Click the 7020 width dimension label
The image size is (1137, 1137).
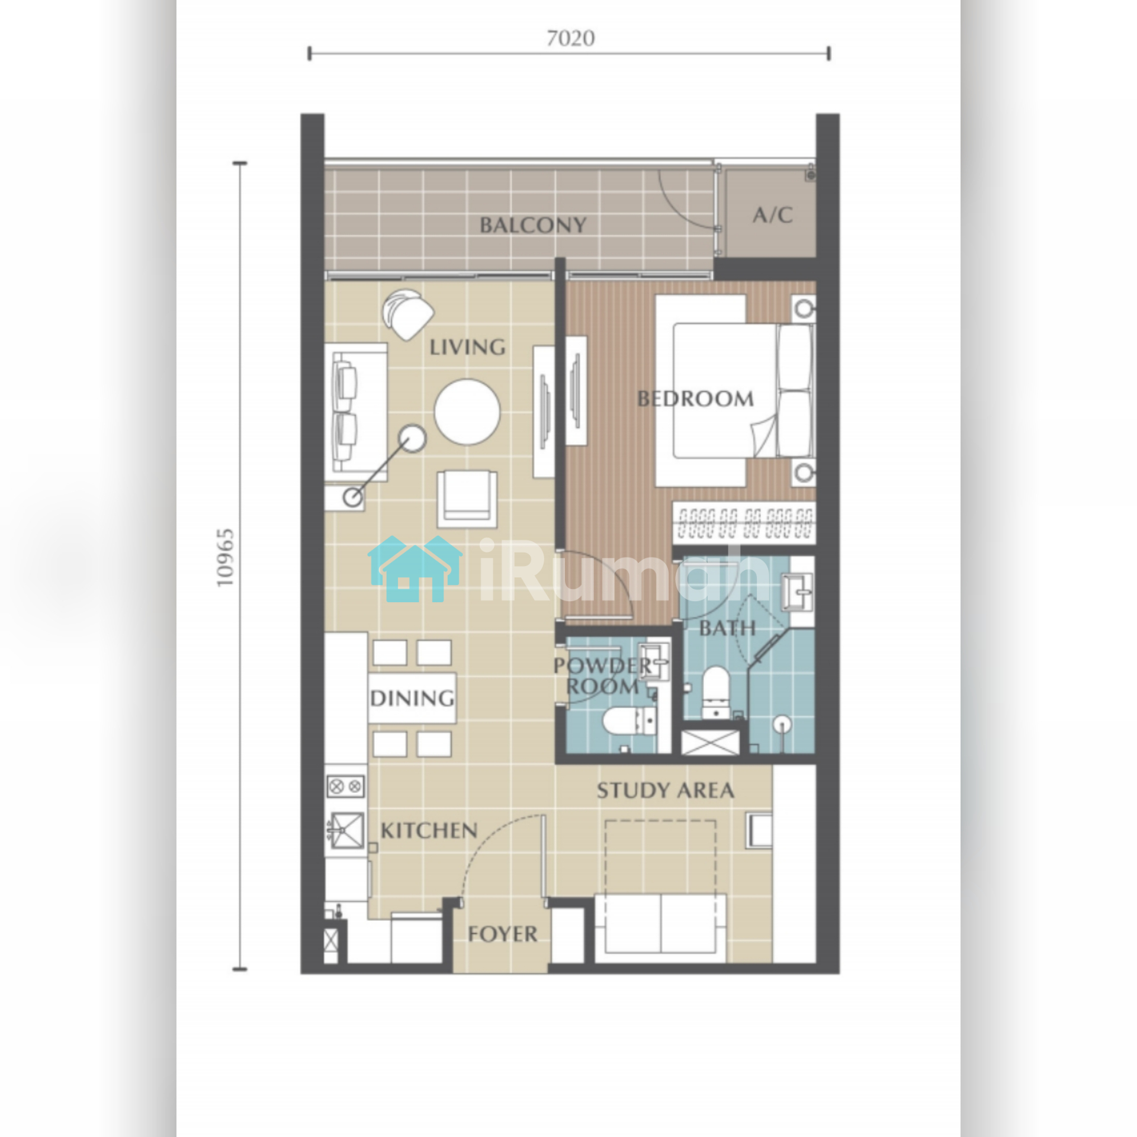pyautogui.click(x=570, y=38)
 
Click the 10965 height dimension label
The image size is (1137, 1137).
pyautogui.click(x=226, y=558)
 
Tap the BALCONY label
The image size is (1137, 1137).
pyautogui.click(x=533, y=225)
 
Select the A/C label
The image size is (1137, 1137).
pyautogui.click(x=772, y=214)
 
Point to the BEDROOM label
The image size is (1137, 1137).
pyautogui.click(x=695, y=399)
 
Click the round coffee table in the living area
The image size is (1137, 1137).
pyautogui.click(x=467, y=412)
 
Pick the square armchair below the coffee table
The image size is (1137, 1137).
pyautogui.click(x=467, y=499)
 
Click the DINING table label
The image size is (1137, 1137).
pyautogui.click(x=412, y=698)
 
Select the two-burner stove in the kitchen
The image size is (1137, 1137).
pyautogui.click(x=346, y=786)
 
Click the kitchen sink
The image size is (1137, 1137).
pyautogui.click(x=346, y=830)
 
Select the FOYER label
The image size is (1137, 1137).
pyautogui.click(x=502, y=934)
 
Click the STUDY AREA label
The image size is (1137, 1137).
pyautogui.click(x=665, y=791)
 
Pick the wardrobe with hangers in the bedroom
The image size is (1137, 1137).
pyautogui.click(x=744, y=523)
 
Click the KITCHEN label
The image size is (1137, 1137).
pyautogui.click(x=429, y=831)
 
